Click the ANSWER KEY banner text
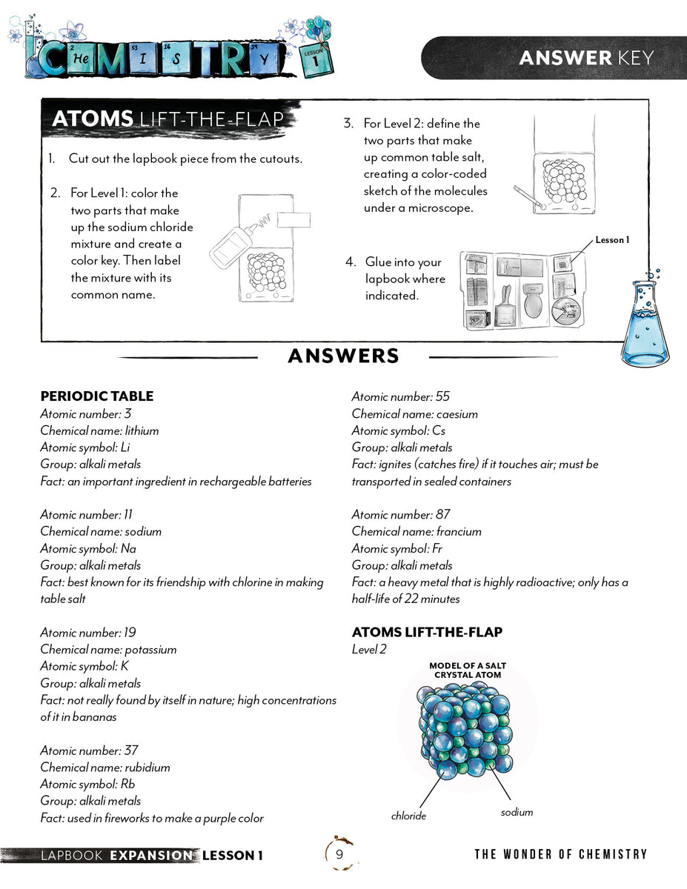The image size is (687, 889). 586,58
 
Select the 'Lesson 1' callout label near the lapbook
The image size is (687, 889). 611,240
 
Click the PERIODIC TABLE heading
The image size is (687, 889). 97,396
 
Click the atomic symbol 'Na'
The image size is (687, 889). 128,548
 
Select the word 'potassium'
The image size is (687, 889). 150,650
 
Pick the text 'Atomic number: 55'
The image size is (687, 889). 400,397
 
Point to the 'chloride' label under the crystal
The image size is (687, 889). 409,816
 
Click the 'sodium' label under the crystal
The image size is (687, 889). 517,812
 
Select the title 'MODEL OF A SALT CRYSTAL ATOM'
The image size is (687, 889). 467,670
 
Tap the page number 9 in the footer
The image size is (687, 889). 339,855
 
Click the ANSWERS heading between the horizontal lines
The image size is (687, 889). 343,356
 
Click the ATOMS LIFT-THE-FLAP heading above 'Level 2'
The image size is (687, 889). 427,632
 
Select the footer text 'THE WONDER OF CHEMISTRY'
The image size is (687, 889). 560,855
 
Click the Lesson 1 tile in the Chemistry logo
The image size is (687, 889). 316,60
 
